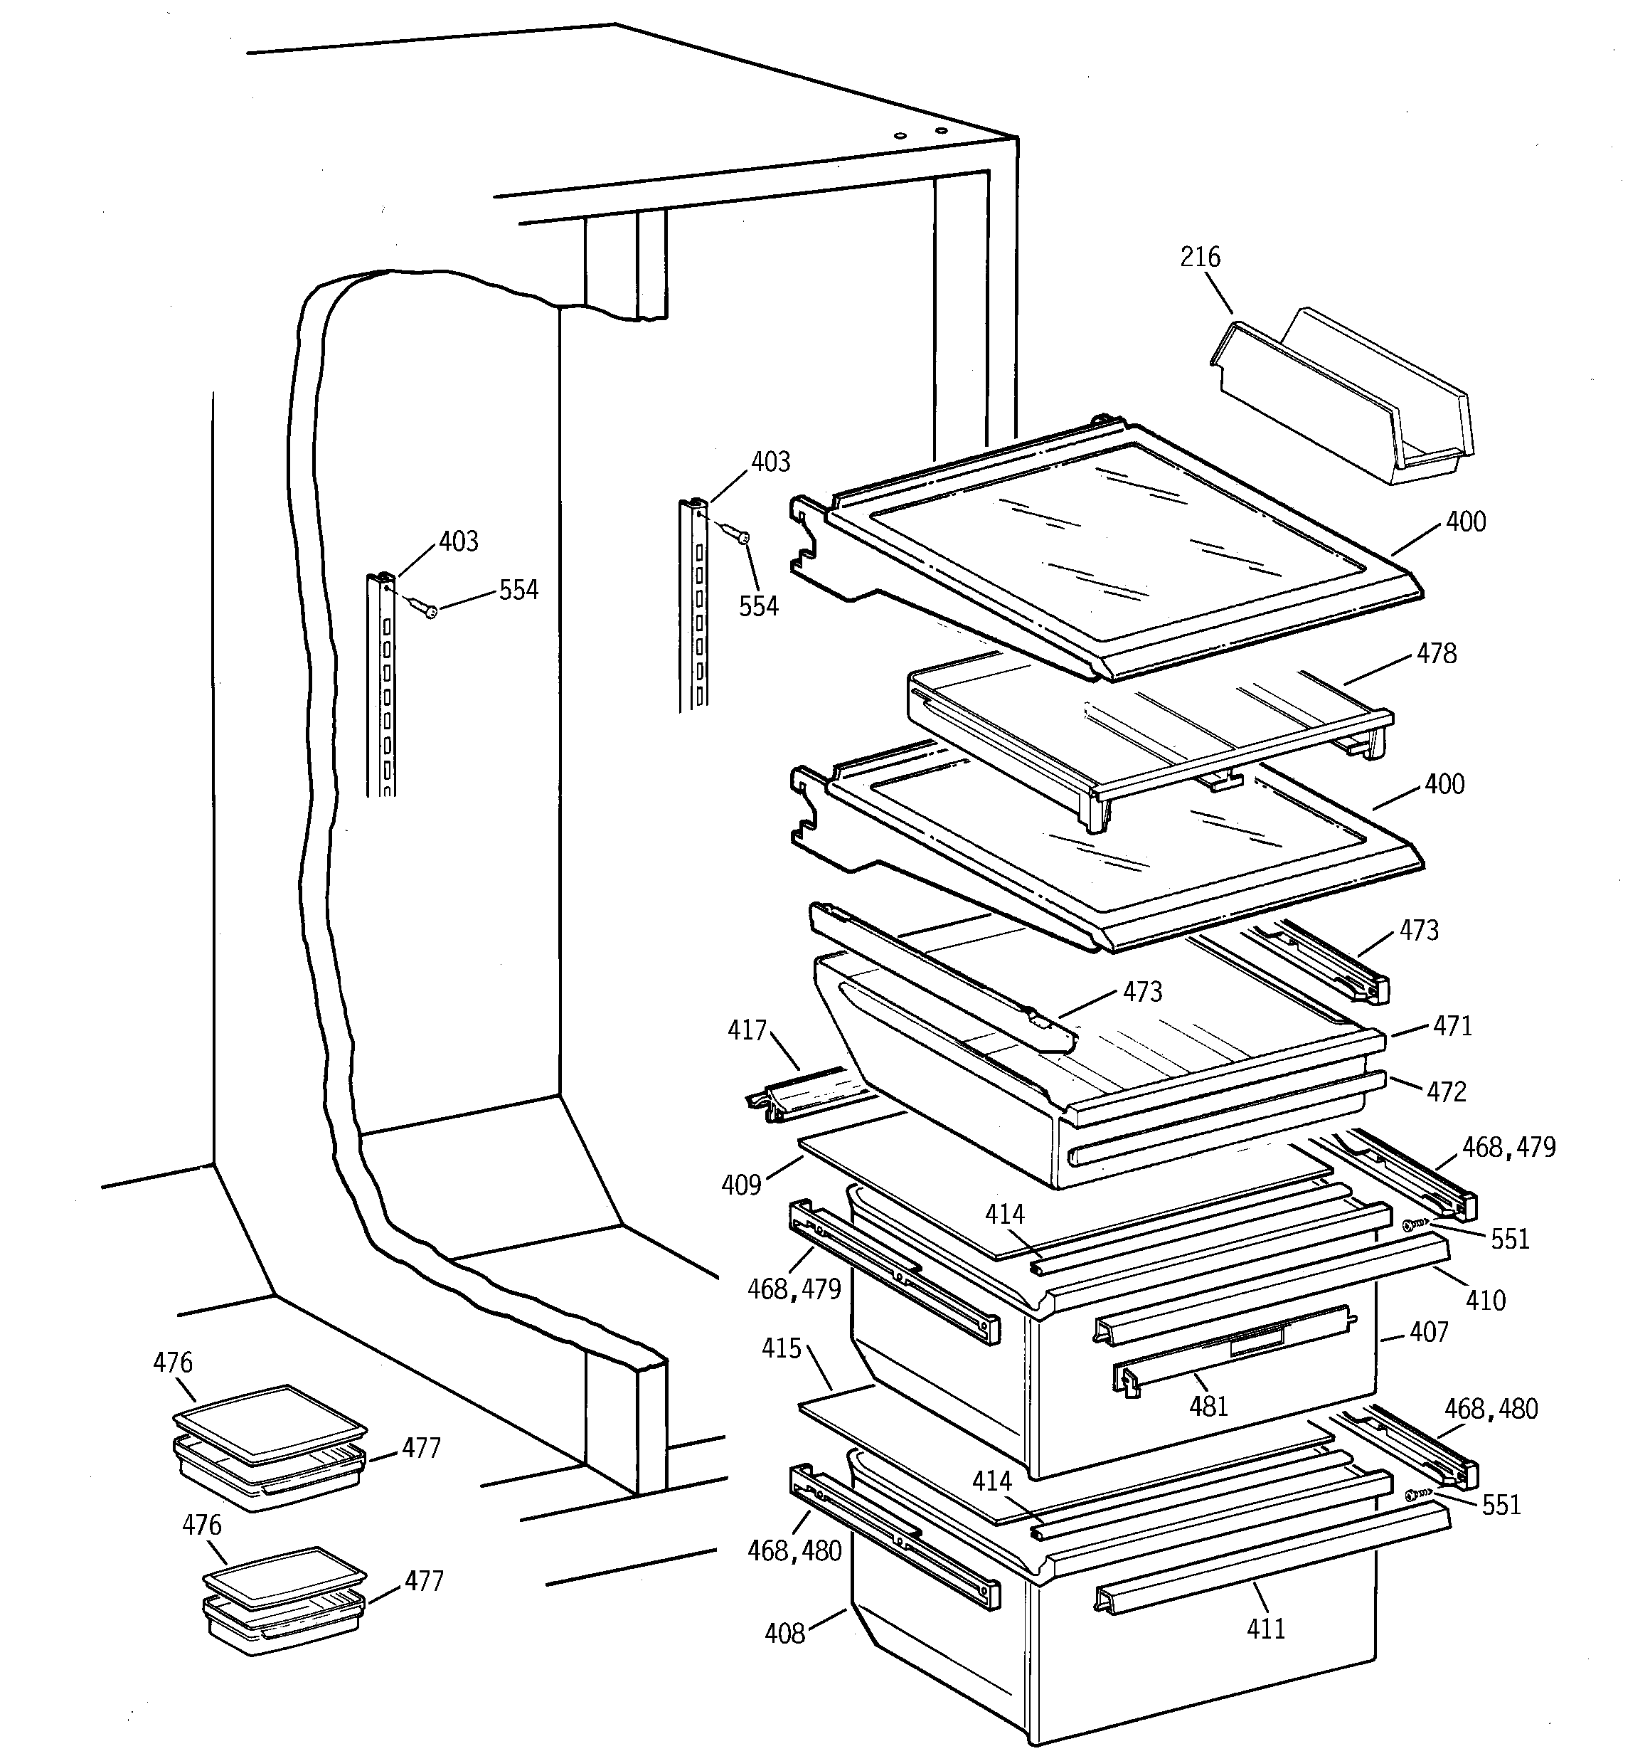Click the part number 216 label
pyautogui.click(x=1200, y=257)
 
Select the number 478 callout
pyautogui.click(x=1437, y=654)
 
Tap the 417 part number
pyautogui.click(x=747, y=1030)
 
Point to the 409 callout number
pyautogui.click(x=741, y=1185)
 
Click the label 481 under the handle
pyautogui.click(x=1208, y=1406)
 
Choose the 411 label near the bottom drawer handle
pyautogui.click(x=1266, y=1628)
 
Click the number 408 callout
pyautogui.click(x=784, y=1632)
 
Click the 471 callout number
pyautogui.click(x=1452, y=1026)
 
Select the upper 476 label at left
pyautogui.click(x=173, y=1363)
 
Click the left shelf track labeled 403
pyautogui.click(x=382, y=682)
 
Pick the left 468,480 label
pyautogui.click(x=794, y=1550)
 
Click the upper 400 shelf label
pyautogui.click(x=1466, y=522)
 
